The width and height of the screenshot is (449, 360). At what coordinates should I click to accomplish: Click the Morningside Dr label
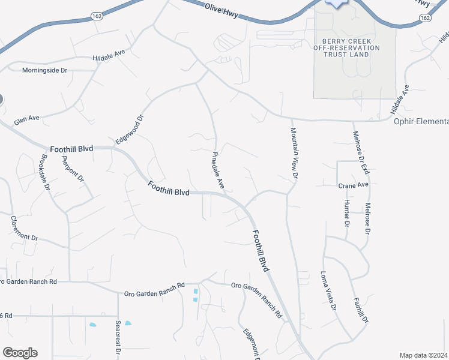45,70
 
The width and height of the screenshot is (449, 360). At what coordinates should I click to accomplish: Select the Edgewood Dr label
130,130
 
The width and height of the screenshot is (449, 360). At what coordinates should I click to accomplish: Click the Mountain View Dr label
294,154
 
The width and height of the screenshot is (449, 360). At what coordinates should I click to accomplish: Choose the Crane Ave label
353,185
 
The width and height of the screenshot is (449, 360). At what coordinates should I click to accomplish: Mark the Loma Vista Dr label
330,291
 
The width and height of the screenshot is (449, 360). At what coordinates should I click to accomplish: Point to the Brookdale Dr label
45,172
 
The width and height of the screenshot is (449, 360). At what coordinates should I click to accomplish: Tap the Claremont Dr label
24,229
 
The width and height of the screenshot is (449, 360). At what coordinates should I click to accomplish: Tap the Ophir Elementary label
421,122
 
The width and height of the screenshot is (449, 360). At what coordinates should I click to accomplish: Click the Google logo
20,352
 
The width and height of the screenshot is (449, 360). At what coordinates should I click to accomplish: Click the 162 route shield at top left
97,14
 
